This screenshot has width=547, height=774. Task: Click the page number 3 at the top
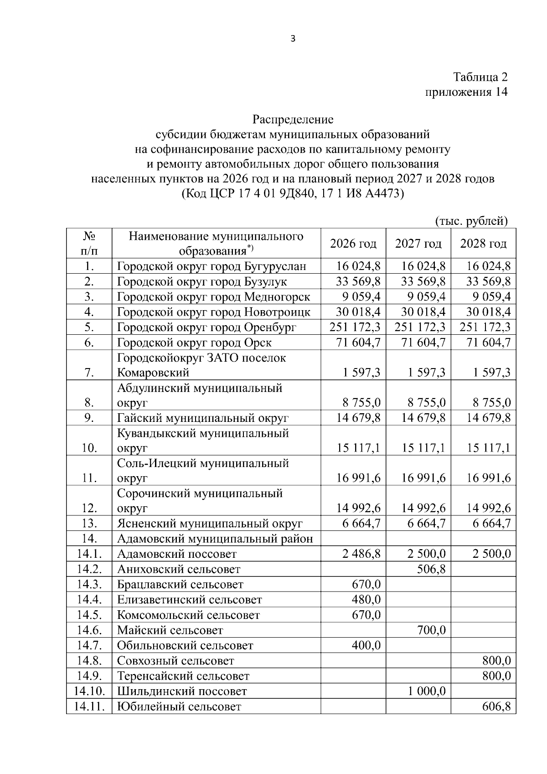(293, 39)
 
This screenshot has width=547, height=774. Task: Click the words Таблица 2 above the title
(480, 77)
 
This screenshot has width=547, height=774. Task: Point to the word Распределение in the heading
(293, 119)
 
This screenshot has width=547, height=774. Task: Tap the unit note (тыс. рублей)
(471, 221)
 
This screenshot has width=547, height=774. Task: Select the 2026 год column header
(353, 244)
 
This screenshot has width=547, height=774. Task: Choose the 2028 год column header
(483, 244)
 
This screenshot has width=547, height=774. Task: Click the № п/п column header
(89, 244)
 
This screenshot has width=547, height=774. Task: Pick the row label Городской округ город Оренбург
(206, 327)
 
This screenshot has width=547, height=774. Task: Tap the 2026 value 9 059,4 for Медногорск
(361, 297)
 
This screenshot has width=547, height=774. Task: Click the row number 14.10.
(89, 691)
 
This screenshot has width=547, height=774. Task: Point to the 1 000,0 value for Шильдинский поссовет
(427, 691)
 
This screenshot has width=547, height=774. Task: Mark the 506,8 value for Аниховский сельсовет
(431, 569)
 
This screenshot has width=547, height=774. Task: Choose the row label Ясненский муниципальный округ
(210, 524)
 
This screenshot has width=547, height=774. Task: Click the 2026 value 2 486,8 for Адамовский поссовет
(361, 554)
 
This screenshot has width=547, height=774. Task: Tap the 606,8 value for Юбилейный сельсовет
(496, 706)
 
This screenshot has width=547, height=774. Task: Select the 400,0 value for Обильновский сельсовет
(366, 645)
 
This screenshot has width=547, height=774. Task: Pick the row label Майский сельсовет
(170, 630)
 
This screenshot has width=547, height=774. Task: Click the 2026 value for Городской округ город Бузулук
(358, 281)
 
